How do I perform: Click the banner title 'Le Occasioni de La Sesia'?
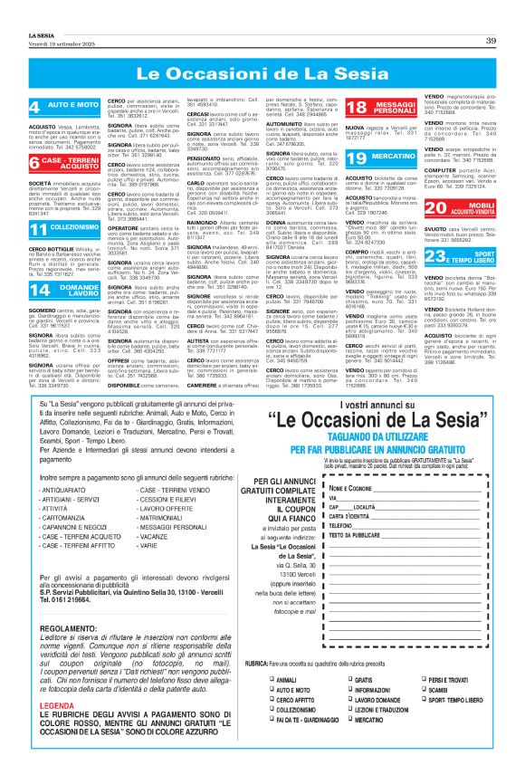[262, 72]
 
